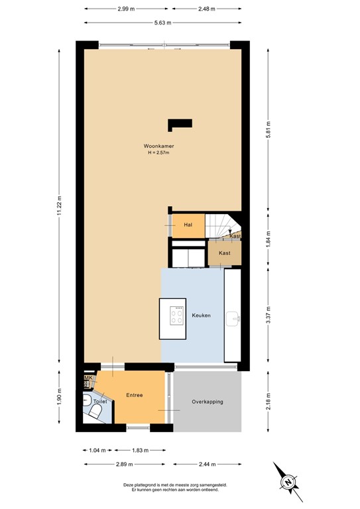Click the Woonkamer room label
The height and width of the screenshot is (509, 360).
[158, 146]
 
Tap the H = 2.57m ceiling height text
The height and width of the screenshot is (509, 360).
[158, 153]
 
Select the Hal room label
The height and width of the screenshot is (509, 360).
[188, 225]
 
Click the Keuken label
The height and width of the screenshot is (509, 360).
[202, 315]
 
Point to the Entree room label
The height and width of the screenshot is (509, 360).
[135, 396]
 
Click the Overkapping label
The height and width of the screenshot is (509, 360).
[207, 402]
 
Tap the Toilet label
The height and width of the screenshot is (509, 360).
[99, 402]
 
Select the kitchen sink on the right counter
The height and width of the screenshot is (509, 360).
[232, 319]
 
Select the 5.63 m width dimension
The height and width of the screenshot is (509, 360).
[162, 23]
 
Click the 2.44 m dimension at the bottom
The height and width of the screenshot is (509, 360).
[208, 464]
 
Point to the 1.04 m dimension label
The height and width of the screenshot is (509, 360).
[97, 451]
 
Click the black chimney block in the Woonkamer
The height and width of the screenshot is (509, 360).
[180, 123]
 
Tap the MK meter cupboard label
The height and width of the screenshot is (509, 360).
[87, 378]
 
